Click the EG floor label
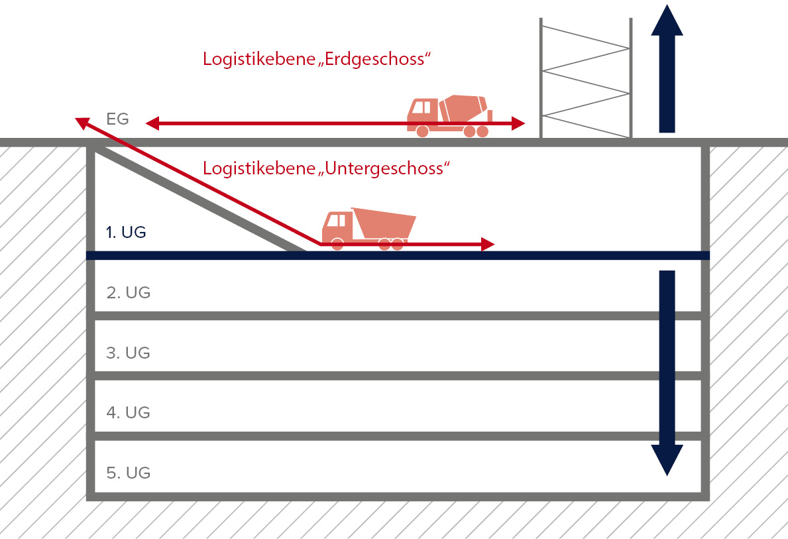(117, 119)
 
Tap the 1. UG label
(125, 233)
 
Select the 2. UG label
(128, 292)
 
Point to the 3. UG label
(128, 353)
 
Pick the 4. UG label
(128, 412)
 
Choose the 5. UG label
(128, 473)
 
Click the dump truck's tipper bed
(383, 224)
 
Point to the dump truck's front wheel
(337, 244)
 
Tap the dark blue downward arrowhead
(667, 460)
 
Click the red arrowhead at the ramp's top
(82, 122)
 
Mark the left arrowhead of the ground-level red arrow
(152, 123)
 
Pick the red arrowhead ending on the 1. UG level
(488, 245)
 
